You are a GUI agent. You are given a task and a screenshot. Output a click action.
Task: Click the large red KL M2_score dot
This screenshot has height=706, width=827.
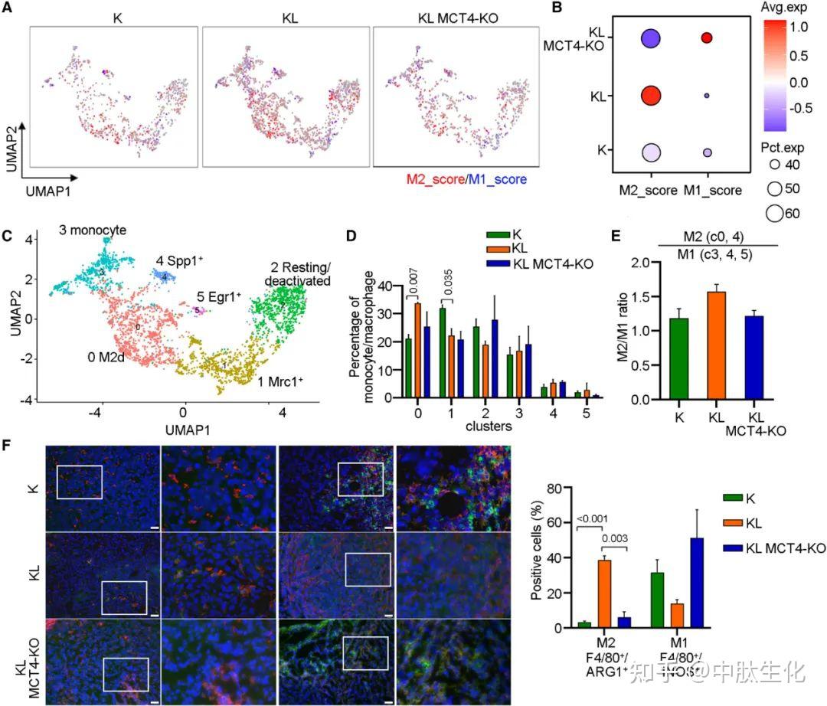click(652, 96)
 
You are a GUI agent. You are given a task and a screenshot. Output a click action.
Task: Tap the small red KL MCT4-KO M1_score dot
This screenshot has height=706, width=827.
click(707, 38)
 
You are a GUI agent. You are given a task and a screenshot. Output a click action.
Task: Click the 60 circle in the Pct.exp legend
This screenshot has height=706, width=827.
click(773, 214)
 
